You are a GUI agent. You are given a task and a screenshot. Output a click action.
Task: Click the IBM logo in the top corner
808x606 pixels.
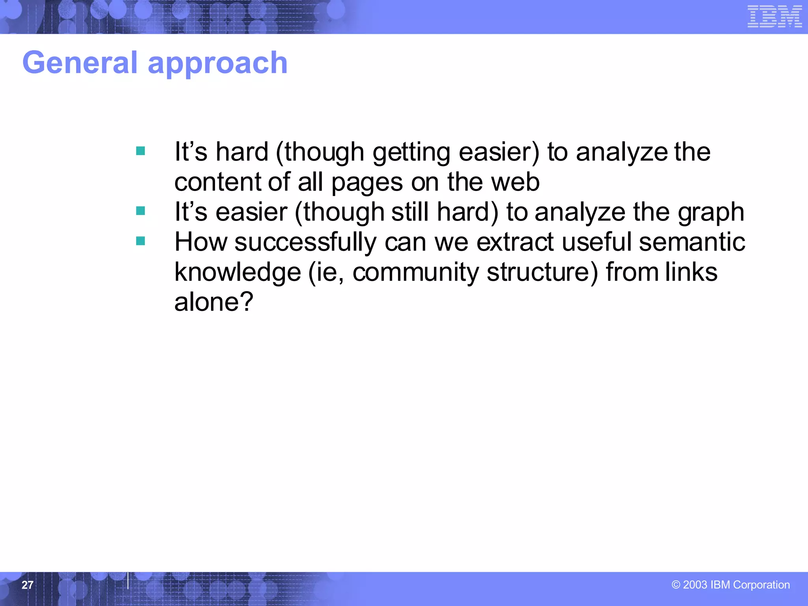point(774,17)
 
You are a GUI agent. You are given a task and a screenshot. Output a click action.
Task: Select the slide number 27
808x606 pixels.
point(27,585)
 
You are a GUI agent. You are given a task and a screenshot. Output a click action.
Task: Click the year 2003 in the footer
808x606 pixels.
point(695,585)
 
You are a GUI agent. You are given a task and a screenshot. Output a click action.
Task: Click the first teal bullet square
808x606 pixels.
point(140,151)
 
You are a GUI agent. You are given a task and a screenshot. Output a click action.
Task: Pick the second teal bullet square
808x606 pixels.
point(140,211)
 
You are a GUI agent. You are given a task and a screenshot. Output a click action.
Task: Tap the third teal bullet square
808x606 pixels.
point(140,241)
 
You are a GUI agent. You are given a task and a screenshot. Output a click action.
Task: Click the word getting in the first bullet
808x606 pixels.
point(411,152)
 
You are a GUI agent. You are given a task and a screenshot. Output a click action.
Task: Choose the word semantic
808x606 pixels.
point(692,242)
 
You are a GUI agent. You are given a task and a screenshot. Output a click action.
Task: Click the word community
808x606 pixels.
point(415,273)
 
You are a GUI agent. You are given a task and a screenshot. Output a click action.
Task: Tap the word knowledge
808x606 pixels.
point(238,273)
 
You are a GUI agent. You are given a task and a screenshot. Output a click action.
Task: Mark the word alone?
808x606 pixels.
point(213,302)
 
